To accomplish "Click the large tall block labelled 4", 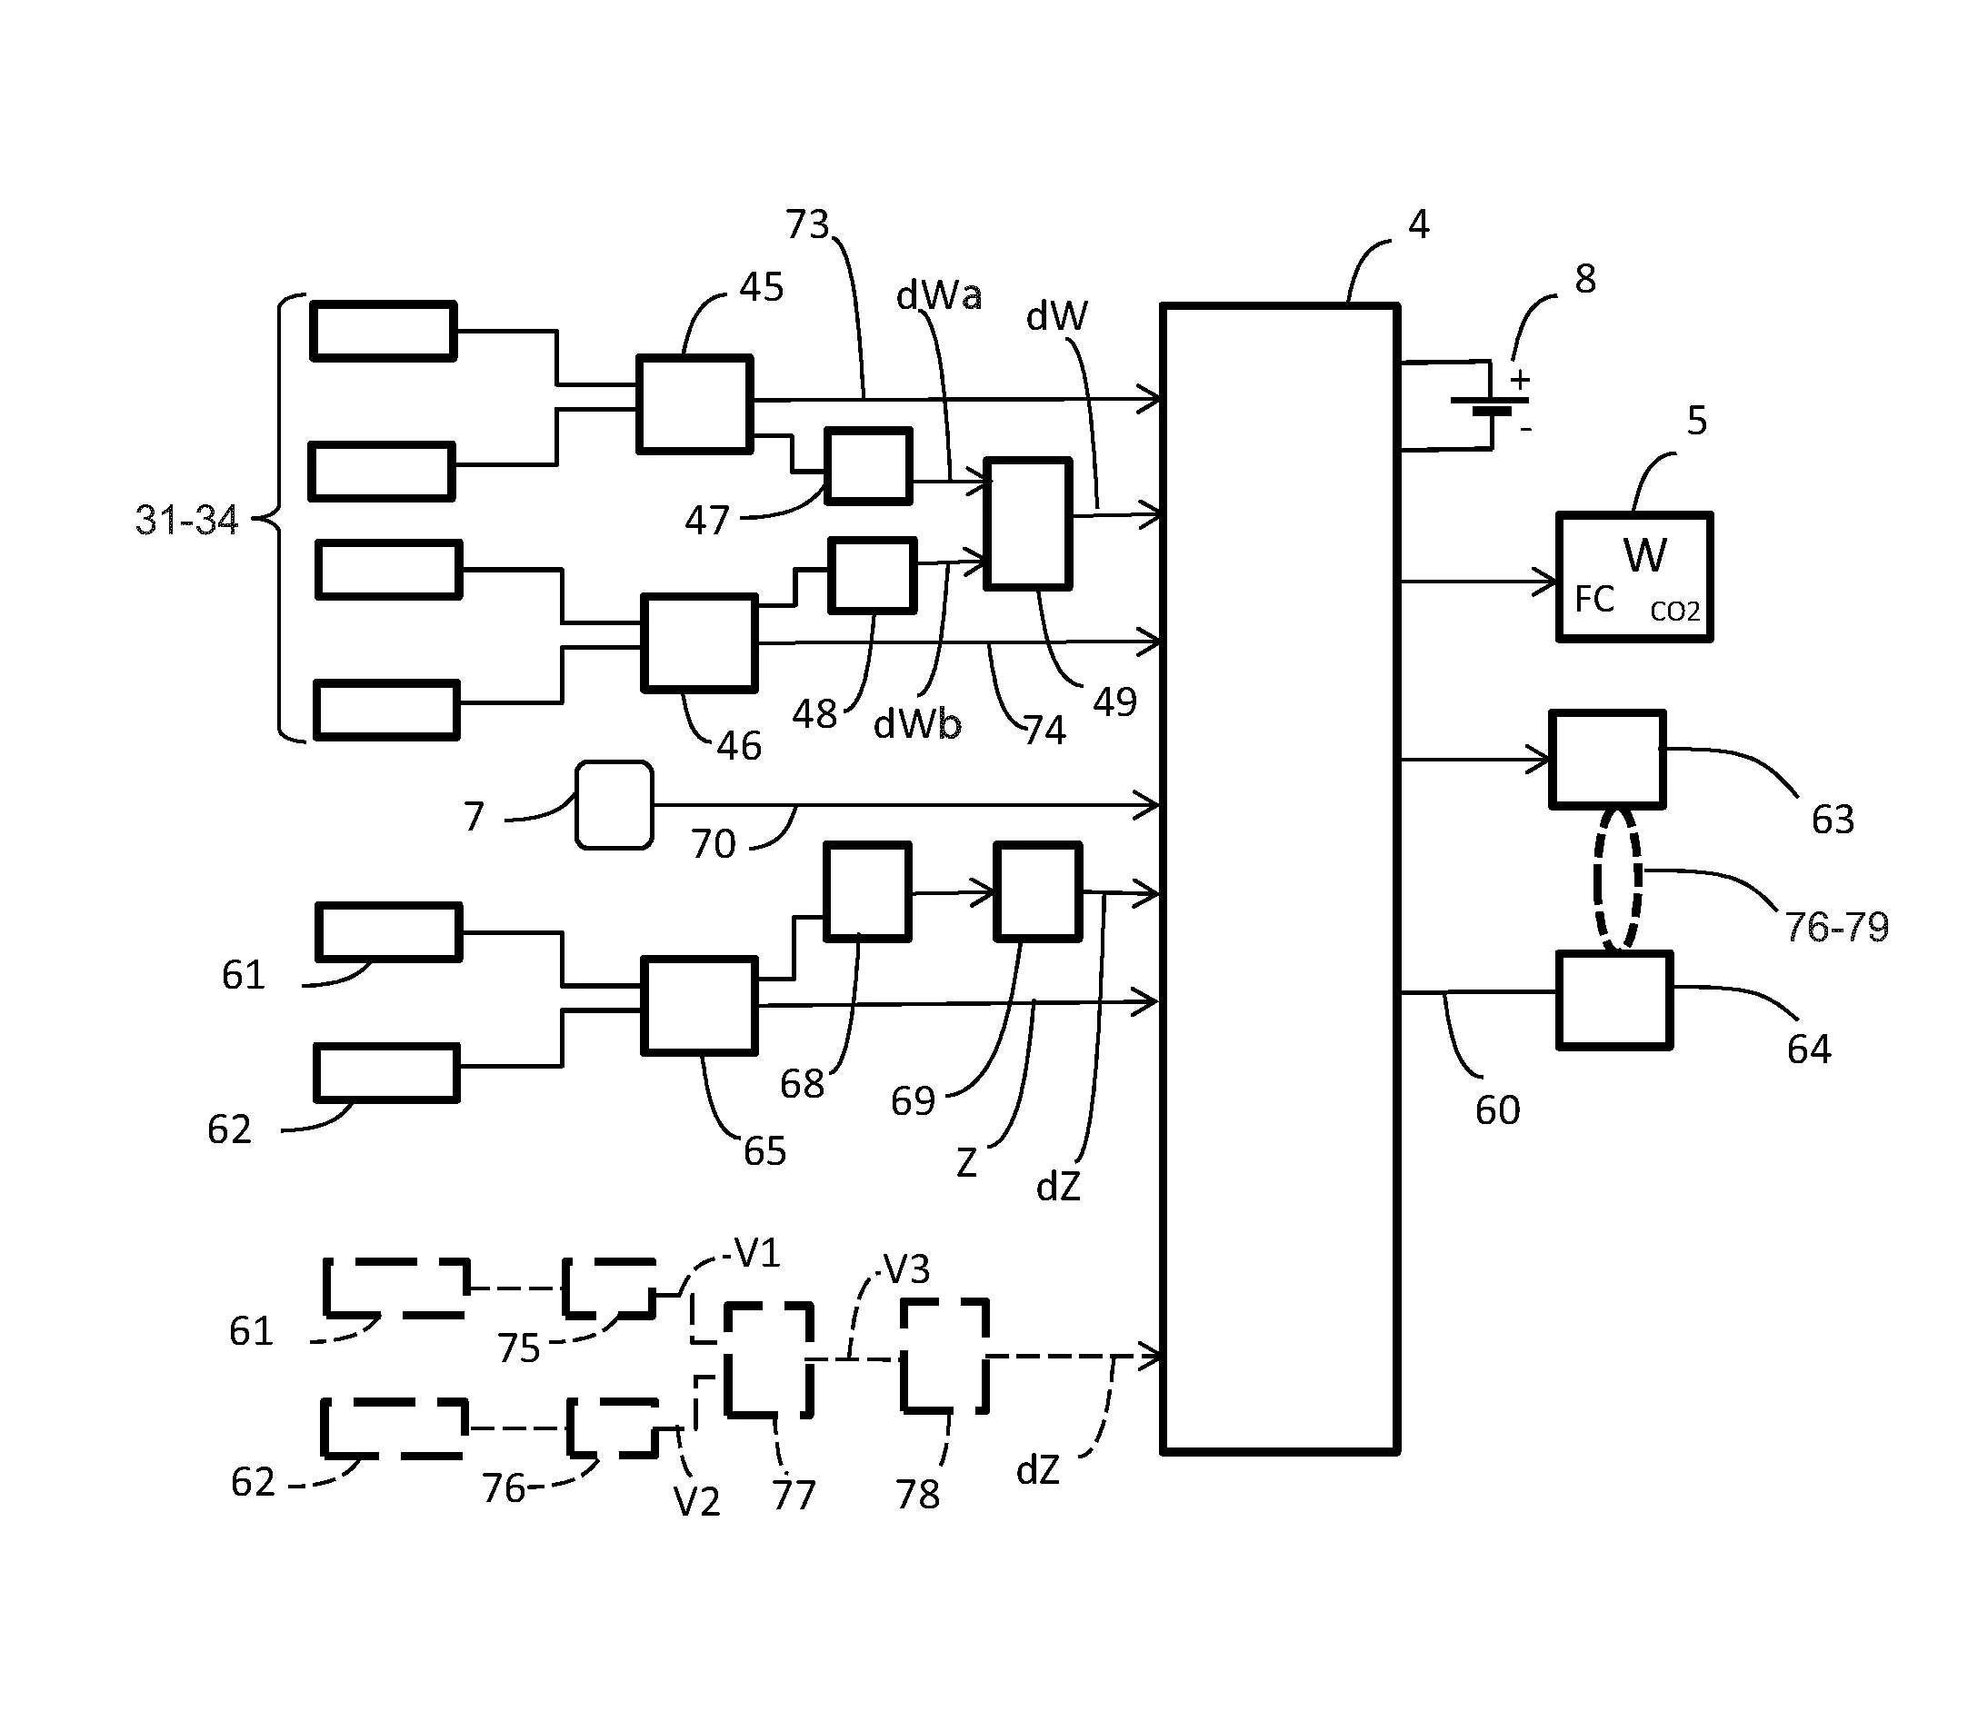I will (1279, 878).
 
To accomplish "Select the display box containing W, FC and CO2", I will (1634, 577).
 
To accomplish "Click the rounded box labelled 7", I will (614, 806).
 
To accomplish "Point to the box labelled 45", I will (694, 403).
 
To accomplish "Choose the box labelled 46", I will (699, 643).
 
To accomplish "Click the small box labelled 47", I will (868, 465).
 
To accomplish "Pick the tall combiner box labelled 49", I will (1027, 522).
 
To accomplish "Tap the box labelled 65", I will (699, 1005).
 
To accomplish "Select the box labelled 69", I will (1038, 891).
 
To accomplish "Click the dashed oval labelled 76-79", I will (1616, 879).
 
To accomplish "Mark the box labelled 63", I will (1607, 760).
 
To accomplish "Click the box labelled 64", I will (1613, 1000).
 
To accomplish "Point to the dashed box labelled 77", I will (769, 1359).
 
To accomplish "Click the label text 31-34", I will (186, 521).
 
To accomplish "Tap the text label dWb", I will (917, 724).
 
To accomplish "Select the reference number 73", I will (807, 225).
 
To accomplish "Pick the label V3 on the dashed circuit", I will (906, 1269).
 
